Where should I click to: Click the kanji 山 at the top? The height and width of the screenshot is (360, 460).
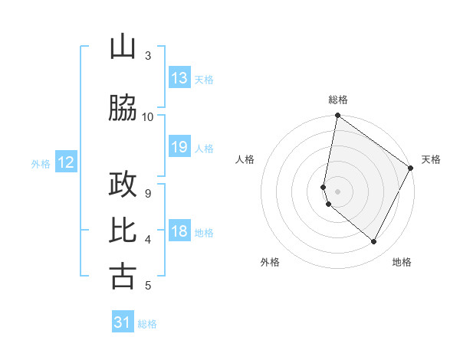click(123, 47)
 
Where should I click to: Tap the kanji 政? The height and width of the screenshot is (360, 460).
click(123, 185)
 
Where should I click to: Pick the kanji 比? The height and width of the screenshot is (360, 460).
click(123, 231)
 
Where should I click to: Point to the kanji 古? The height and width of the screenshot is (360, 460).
click(123, 276)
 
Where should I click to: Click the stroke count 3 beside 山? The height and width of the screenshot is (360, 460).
click(148, 56)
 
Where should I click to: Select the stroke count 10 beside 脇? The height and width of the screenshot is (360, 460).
click(148, 116)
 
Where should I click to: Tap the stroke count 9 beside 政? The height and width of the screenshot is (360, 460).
click(148, 193)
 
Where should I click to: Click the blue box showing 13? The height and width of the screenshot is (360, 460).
click(179, 78)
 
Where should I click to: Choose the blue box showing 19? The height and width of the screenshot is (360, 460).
click(179, 147)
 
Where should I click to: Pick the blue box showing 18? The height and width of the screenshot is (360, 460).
click(179, 231)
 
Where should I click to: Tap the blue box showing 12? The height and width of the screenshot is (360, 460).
click(66, 162)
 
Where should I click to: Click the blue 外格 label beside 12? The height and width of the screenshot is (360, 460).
click(41, 163)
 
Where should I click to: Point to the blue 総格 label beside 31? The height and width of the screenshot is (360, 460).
click(147, 324)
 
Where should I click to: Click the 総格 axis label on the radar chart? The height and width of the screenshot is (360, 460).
click(338, 100)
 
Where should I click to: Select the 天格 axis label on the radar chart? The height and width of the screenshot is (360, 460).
click(431, 159)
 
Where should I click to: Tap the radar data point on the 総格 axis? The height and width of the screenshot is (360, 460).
click(337, 116)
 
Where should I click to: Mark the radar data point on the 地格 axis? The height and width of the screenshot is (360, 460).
click(374, 242)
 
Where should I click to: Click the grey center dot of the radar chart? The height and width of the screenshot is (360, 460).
click(337, 191)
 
